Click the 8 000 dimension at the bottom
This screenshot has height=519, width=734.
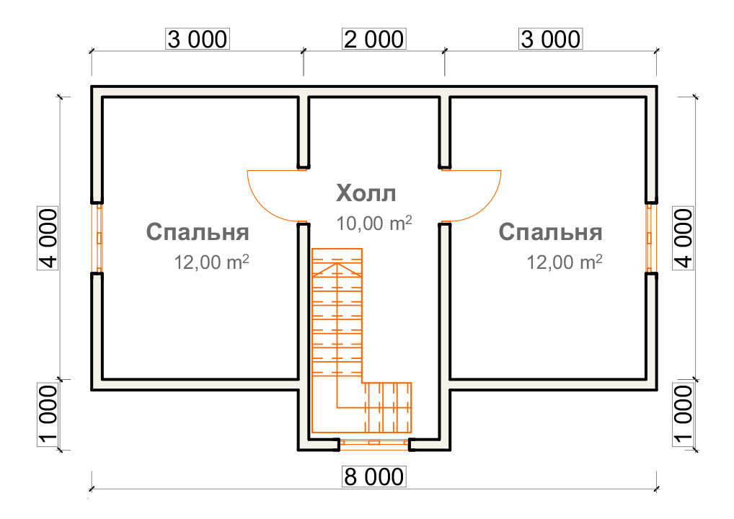coord(374,477)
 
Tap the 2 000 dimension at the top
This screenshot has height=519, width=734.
coord(374,40)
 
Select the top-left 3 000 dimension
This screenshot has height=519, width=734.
coord(198,40)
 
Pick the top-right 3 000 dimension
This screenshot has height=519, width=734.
coord(551,40)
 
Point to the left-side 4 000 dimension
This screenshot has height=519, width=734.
coord(48,239)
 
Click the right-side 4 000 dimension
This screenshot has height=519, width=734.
coord(683,239)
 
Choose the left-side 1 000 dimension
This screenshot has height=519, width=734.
coord(48,414)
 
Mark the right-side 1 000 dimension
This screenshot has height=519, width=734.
coord(683,414)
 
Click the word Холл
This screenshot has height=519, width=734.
coord(366,193)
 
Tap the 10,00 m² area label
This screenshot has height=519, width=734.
coord(374,223)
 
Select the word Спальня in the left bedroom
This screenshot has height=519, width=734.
coord(198,232)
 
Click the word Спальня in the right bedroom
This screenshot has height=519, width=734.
coord(551,232)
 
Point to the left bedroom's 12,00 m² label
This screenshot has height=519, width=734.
coord(211,262)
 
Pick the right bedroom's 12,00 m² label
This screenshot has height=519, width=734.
coord(564,262)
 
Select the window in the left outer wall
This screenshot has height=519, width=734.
coord(97,238)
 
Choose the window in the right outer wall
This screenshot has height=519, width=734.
coord(650,238)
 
